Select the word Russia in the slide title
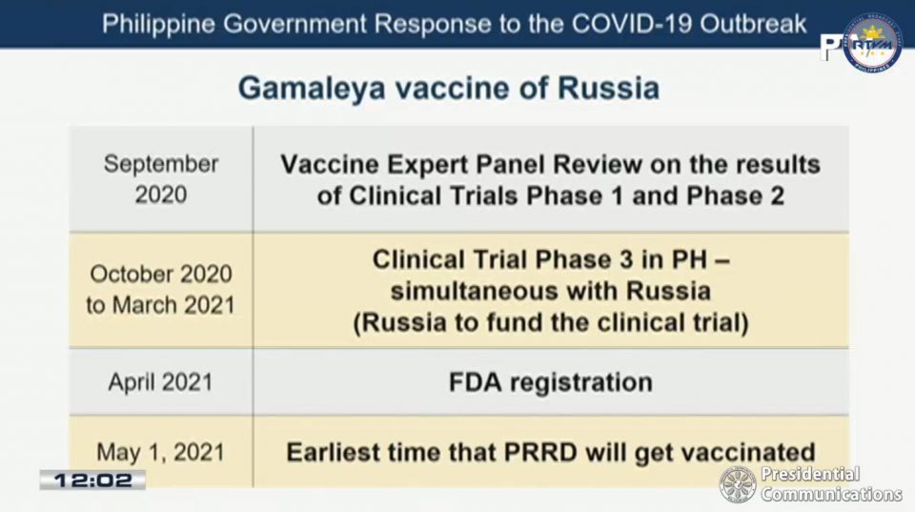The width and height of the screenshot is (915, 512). pyautogui.click(x=609, y=88)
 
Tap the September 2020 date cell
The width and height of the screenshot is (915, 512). pyautogui.click(x=161, y=179)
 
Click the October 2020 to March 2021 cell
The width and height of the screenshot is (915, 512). pyautogui.click(x=160, y=290)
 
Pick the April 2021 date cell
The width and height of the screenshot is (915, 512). pyautogui.click(x=160, y=382)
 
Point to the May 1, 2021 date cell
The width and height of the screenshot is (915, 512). pyautogui.click(x=160, y=452)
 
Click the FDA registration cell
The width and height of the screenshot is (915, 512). pyautogui.click(x=550, y=383)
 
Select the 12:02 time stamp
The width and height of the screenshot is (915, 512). pyautogui.click(x=92, y=481)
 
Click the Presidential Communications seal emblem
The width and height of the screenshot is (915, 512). pyautogui.click(x=738, y=484)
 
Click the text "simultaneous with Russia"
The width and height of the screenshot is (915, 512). pyautogui.click(x=550, y=291)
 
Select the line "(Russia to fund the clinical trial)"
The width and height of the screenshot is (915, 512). pyautogui.click(x=550, y=323)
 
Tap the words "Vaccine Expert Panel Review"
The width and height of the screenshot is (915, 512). pyautogui.click(x=461, y=165)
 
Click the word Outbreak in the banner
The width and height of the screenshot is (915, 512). pyautogui.click(x=753, y=24)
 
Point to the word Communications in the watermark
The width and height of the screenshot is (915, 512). pyautogui.click(x=831, y=495)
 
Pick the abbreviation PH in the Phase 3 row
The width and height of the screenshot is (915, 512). pyautogui.click(x=689, y=259)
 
